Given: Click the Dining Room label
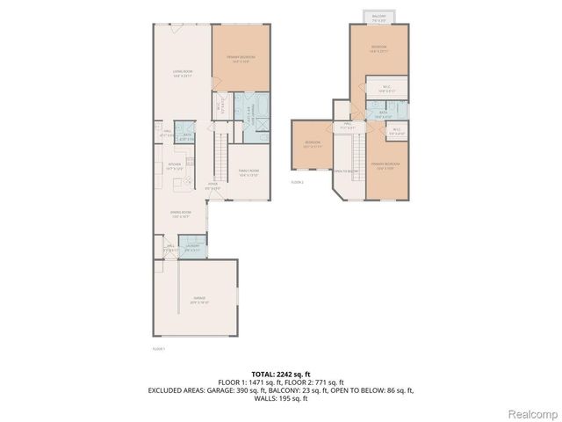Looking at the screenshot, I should point(181,214).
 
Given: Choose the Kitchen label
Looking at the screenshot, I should point(173,166).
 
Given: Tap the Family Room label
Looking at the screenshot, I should point(249,173).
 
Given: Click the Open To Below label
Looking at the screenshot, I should point(344,171).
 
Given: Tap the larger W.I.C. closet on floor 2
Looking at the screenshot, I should point(386,89).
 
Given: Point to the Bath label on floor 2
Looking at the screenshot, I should point(384,113).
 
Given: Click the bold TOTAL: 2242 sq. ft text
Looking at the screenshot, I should point(280,374).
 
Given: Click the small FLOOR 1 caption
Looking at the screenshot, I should point(159,349).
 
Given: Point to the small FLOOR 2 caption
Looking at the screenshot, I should point(297,182).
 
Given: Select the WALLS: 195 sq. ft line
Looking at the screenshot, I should point(280,397).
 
